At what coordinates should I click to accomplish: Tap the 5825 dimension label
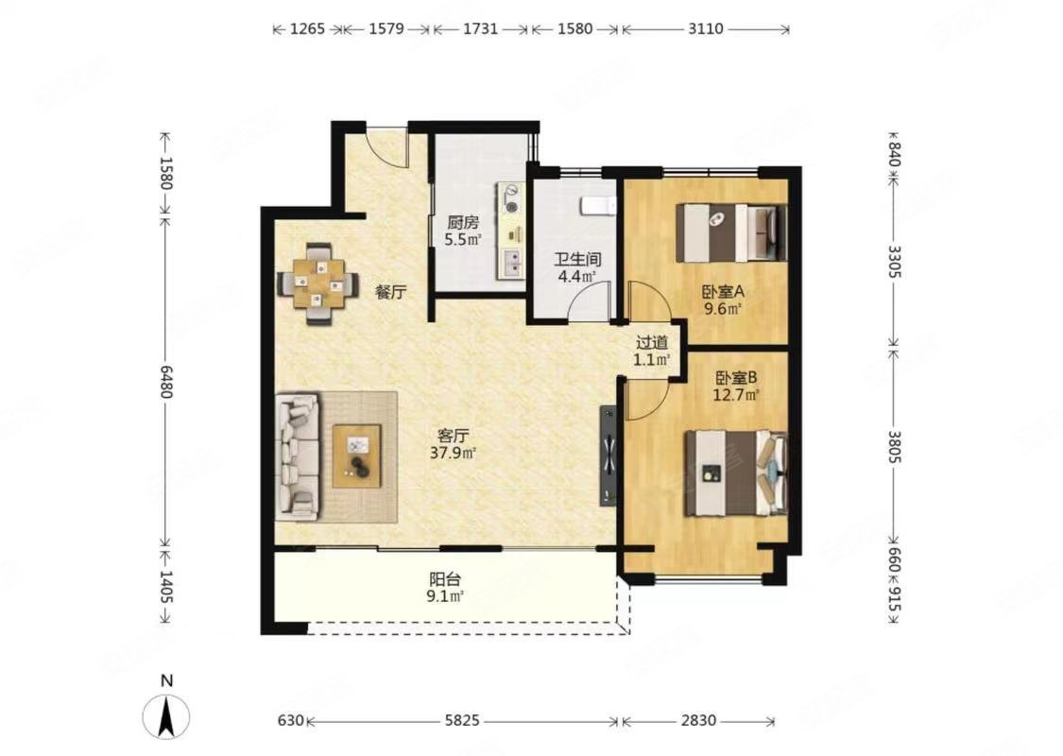[x=462, y=721]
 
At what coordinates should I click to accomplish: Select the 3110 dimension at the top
[x=706, y=28]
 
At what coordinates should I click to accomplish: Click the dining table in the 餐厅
[x=317, y=283]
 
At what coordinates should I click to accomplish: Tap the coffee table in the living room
[x=357, y=455]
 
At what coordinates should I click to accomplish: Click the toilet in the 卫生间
[x=599, y=205]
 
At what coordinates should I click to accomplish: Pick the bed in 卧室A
[x=731, y=232]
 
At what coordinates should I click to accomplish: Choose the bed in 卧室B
[x=735, y=472]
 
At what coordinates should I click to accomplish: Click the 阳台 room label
[x=445, y=579]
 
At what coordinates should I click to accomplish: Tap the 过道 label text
[x=651, y=343]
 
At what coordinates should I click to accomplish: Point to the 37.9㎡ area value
[x=453, y=453]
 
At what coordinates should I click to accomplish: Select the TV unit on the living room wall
[x=608, y=455]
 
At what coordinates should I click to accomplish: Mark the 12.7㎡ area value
[x=735, y=395]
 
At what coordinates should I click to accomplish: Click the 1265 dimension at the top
[x=308, y=28]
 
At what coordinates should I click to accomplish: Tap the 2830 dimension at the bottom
[x=698, y=721]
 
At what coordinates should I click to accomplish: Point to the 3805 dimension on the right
[x=895, y=448]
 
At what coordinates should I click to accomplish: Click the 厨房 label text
[x=463, y=222]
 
